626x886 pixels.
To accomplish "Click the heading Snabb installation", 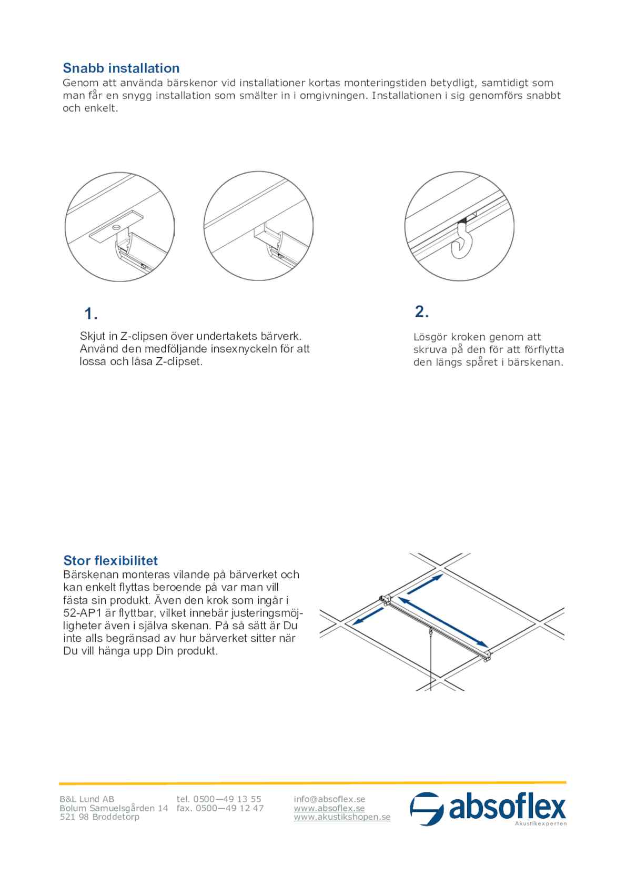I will [121, 68].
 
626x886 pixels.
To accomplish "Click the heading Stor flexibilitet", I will [110, 560].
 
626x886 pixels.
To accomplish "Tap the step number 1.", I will [90, 314].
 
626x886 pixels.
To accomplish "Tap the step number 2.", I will [421, 312].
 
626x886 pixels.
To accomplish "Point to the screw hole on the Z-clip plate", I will [115, 227].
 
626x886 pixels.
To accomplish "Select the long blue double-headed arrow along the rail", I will [442, 621].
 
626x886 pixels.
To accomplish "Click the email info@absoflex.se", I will [329, 799].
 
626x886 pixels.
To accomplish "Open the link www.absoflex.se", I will [329, 808].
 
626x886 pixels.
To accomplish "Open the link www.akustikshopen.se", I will [342, 817].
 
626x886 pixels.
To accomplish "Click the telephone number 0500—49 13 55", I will [227, 799].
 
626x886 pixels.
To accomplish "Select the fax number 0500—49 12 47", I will [230, 808].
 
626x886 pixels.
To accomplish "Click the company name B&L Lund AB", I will [87, 799].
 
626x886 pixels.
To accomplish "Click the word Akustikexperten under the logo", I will [540, 823].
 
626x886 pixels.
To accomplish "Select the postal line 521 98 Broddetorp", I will [99, 817].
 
